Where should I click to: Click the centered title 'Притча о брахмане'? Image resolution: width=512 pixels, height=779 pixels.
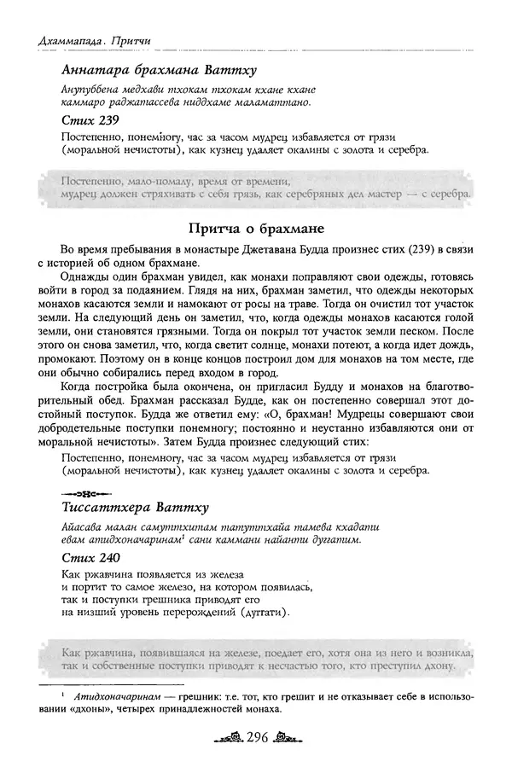[x=255, y=229]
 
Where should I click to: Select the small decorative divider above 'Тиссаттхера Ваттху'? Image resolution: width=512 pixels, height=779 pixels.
[x=85, y=493]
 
